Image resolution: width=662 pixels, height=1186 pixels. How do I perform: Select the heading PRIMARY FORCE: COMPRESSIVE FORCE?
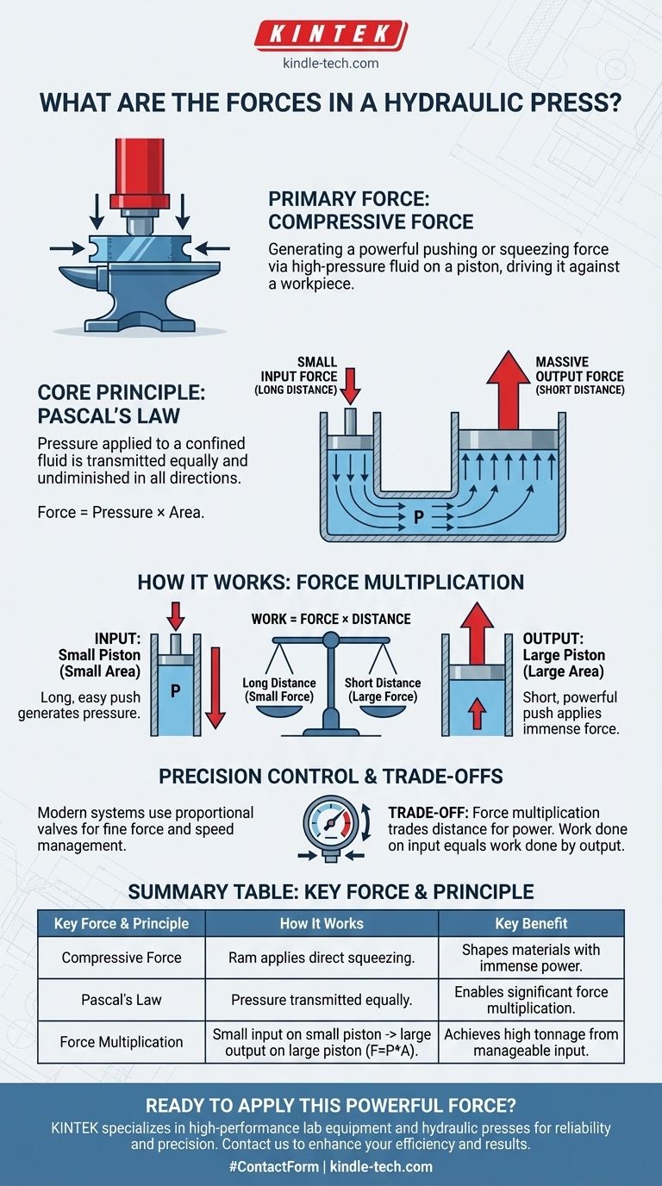[372, 209]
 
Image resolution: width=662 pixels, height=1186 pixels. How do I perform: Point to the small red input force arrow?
[349, 384]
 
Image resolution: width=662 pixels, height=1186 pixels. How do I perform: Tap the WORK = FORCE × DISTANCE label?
[330, 619]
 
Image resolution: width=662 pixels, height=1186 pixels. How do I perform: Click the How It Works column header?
[322, 923]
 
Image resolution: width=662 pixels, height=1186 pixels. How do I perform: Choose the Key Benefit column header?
[531, 923]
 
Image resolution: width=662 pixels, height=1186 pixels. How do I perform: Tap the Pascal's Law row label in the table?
[121, 1001]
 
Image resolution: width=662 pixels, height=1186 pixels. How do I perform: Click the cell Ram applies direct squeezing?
[322, 957]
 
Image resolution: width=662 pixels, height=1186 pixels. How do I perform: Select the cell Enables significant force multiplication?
[531, 1000]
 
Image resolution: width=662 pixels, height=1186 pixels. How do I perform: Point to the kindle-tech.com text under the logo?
[331, 63]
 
